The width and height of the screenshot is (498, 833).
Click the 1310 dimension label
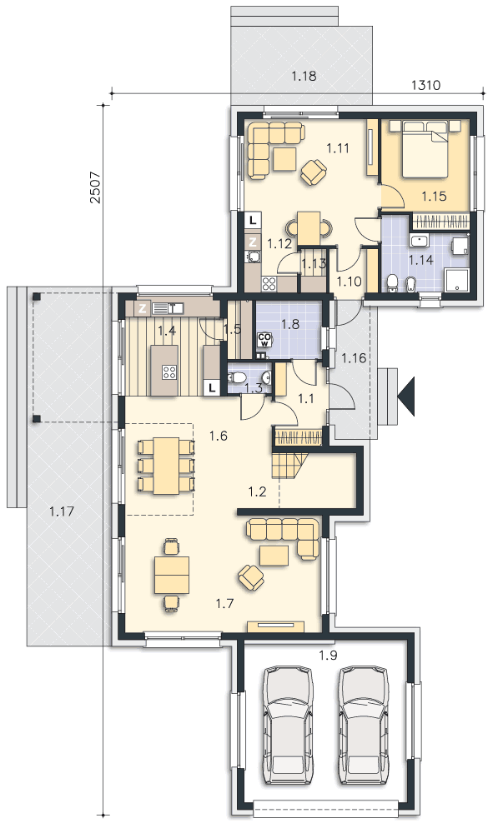426,85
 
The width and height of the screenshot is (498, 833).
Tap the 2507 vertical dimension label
95,187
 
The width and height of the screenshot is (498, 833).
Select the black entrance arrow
408,396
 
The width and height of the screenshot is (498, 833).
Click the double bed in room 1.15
425,149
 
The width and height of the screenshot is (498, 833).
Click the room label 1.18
304,76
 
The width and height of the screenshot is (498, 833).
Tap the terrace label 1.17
61,511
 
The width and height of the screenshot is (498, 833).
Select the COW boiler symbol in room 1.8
264,340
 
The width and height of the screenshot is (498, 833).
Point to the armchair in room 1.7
251,576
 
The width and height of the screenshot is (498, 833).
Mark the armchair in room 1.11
314,172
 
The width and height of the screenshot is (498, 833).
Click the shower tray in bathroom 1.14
456,280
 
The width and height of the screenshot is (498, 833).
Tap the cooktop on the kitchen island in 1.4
169,372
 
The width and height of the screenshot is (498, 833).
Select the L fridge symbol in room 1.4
212,388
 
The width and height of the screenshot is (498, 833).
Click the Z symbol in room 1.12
254,242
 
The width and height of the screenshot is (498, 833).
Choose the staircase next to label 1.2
290,461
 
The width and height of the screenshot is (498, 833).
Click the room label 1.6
219,436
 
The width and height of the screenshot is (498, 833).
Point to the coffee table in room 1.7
274,556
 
